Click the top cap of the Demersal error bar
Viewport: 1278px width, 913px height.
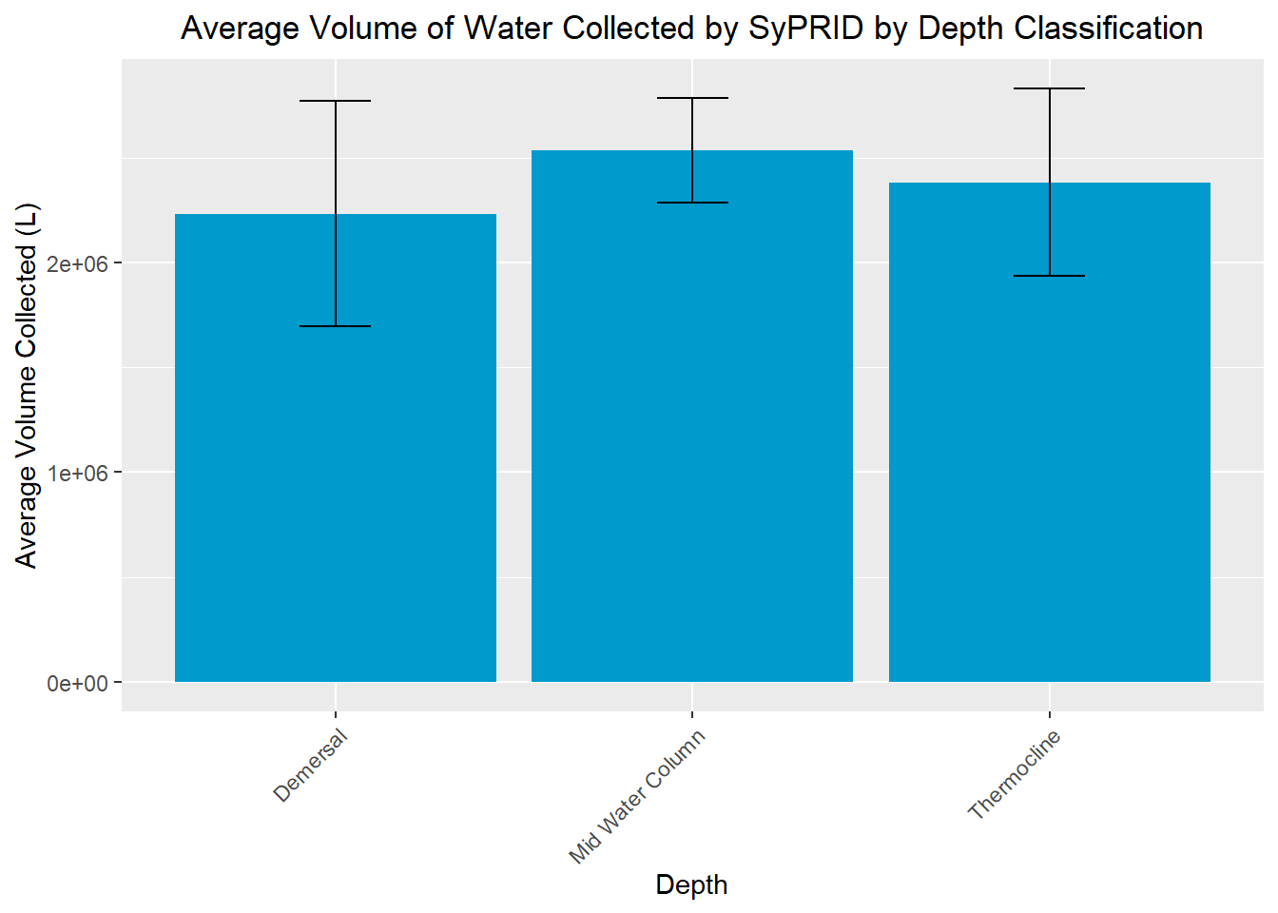[336, 101]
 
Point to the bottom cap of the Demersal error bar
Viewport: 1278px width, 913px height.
[336, 326]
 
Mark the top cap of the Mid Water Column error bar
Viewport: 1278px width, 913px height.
[692, 98]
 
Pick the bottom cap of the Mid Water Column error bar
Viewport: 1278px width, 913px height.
[692, 203]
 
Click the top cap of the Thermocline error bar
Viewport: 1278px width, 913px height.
[1049, 88]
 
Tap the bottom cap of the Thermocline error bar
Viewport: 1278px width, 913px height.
[1049, 276]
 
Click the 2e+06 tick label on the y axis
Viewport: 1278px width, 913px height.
[78, 263]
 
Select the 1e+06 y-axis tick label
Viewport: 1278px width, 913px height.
[78, 473]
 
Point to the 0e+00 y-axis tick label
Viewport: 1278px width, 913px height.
[78, 683]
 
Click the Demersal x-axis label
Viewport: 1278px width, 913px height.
[311, 766]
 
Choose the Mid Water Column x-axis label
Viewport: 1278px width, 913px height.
[637, 797]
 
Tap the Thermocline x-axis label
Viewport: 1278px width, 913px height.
[1014, 774]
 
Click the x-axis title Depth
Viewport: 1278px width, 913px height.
[691, 885]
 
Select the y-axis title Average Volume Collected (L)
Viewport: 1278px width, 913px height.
[26, 385]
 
